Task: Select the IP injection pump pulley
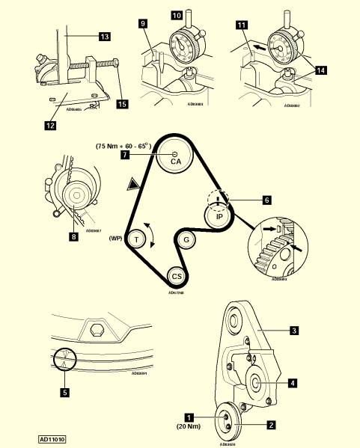(219, 216)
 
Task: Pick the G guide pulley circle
(185, 240)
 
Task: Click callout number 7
(126, 154)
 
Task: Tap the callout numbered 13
(104, 36)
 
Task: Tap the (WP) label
(115, 239)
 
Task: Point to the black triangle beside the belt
(132, 183)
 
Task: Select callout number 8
(73, 237)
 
